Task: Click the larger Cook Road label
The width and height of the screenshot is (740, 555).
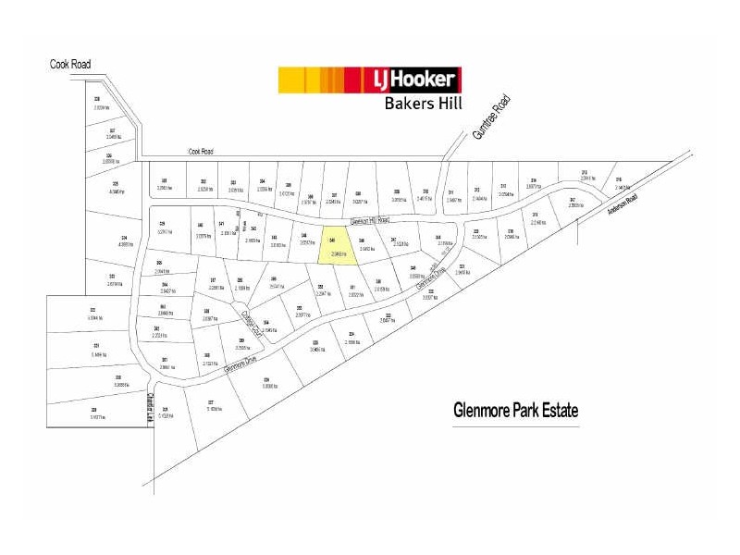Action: [x=70, y=64]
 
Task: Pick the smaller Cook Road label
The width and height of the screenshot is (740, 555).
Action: [x=201, y=152]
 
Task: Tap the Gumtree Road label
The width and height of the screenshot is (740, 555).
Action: [x=490, y=117]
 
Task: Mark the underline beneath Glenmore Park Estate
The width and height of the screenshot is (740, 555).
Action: [x=516, y=426]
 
